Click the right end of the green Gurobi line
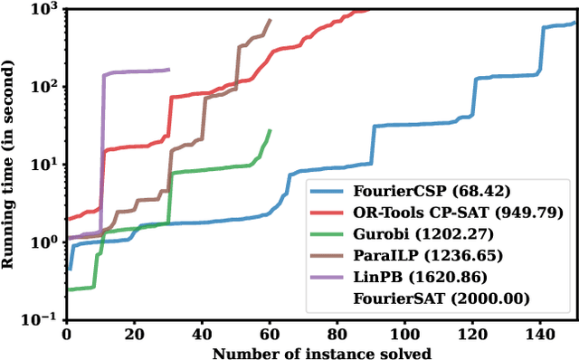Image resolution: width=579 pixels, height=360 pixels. (270, 129)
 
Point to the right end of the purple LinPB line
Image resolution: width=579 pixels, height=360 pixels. (168, 70)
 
